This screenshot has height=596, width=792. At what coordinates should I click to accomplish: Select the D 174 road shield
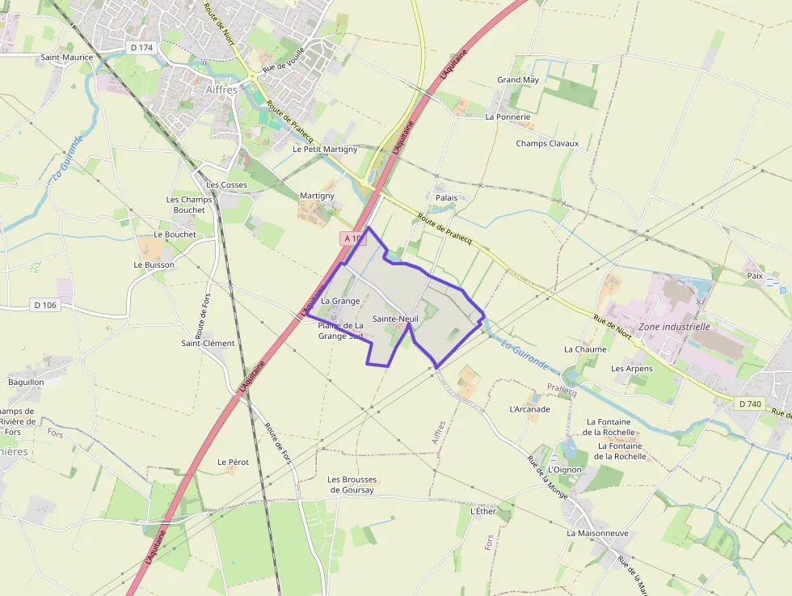(141, 48)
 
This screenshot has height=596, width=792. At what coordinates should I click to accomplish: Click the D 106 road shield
(45, 305)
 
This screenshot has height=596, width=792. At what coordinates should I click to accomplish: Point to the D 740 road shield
(750, 403)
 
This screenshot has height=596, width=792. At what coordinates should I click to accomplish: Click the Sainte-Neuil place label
(395, 319)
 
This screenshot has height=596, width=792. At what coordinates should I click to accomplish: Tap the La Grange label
(340, 301)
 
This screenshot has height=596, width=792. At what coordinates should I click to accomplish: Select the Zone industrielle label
(674, 327)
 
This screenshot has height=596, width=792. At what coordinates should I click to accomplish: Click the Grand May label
(518, 80)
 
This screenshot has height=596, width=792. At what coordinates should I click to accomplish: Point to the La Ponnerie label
(508, 116)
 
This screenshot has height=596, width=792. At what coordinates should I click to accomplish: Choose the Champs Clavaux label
(547, 143)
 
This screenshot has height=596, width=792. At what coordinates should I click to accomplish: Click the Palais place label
(446, 197)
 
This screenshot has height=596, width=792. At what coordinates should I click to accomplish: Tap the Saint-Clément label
(208, 343)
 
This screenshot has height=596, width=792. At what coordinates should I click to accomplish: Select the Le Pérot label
(233, 462)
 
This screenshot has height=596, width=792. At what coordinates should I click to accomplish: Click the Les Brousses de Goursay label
(352, 484)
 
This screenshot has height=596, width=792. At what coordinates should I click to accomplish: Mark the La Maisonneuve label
(597, 533)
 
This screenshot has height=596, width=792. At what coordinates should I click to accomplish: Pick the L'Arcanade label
(529, 409)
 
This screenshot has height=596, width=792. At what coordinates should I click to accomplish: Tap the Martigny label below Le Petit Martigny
(317, 196)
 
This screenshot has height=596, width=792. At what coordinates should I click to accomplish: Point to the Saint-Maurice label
(67, 57)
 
